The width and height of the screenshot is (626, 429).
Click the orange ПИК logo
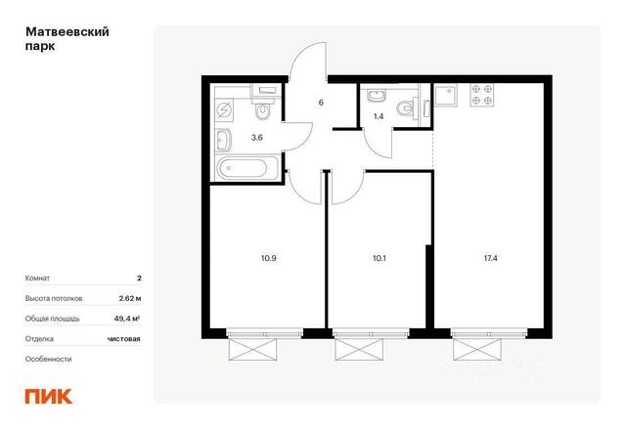[49, 396]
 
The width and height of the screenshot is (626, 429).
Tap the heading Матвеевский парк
[67, 39]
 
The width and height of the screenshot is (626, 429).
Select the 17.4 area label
[490, 258]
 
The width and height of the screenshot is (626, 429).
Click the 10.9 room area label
[269, 258]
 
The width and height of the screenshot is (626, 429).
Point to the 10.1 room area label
[379, 258]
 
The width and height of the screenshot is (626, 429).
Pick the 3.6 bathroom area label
[256, 138]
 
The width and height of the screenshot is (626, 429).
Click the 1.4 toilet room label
[379, 116]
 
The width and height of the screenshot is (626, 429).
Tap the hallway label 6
[321, 103]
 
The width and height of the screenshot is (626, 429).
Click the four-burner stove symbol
[481, 95]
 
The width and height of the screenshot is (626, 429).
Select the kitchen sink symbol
[446, 96]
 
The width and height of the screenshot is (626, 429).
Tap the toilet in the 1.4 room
[406, 107]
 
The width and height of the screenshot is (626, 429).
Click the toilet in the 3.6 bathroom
[263, 110]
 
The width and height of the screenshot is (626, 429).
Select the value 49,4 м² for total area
[127, 319]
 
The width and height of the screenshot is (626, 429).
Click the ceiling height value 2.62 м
[130, 298]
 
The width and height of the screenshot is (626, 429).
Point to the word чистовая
[124, 338]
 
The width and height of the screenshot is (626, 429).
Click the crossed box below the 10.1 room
[359, 349]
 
